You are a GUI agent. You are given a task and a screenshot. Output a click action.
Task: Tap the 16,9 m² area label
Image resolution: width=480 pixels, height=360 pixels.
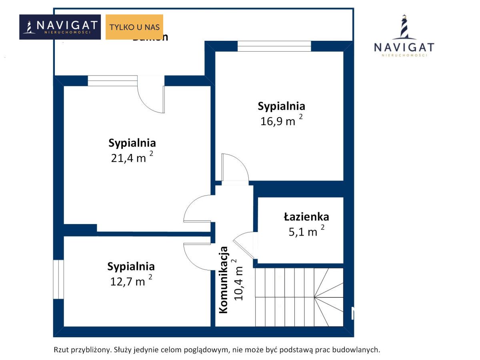point(281,121)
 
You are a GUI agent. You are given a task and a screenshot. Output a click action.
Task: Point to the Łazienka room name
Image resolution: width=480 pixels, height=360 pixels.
point(306,217)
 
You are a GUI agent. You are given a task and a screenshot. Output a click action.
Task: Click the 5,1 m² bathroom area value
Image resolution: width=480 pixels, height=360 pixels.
point(306,232)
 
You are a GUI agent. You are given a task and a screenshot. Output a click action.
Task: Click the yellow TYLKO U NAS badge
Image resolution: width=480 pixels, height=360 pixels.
point(134,27)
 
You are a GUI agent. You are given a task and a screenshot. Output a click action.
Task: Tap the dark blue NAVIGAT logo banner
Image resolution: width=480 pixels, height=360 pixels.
point(60,27)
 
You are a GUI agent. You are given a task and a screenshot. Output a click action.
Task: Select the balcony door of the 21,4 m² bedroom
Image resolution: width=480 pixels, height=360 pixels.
point(151,98)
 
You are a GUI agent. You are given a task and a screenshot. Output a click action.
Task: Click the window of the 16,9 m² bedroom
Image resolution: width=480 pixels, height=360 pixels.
point(274,46)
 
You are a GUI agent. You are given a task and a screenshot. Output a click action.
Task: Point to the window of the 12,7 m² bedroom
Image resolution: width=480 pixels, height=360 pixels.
point(58,279)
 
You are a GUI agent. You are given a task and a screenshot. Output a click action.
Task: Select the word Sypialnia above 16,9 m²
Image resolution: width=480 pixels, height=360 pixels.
point(281,106)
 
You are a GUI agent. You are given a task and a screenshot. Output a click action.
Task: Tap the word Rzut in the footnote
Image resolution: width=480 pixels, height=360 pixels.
point(61,350)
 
